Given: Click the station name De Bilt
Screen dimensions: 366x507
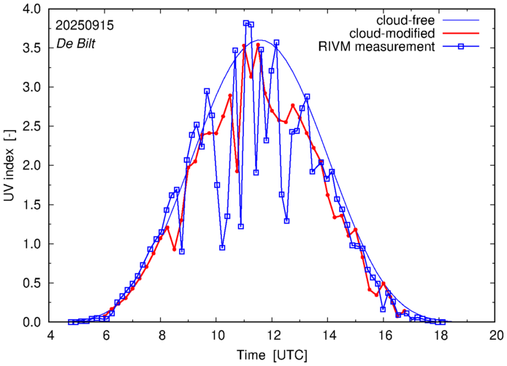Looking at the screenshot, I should click(x=76, y=43).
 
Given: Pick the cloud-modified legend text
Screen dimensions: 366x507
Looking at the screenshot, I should click(x=393, y=34).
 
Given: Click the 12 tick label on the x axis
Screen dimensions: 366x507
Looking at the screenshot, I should click(x=272, y=335).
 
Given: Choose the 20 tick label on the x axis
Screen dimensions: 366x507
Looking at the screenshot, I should click(x=496, y=335).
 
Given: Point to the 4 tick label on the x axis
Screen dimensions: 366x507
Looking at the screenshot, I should click(x=50, y=335).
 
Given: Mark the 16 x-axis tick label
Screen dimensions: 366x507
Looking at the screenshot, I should click(x=384, y=335).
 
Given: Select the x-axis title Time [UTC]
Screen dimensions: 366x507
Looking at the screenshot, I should click(x=272, y=354).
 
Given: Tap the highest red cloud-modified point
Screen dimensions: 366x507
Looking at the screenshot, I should click(x=258, y=45).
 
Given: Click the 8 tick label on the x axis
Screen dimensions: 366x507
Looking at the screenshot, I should click(x=161, y=335).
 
